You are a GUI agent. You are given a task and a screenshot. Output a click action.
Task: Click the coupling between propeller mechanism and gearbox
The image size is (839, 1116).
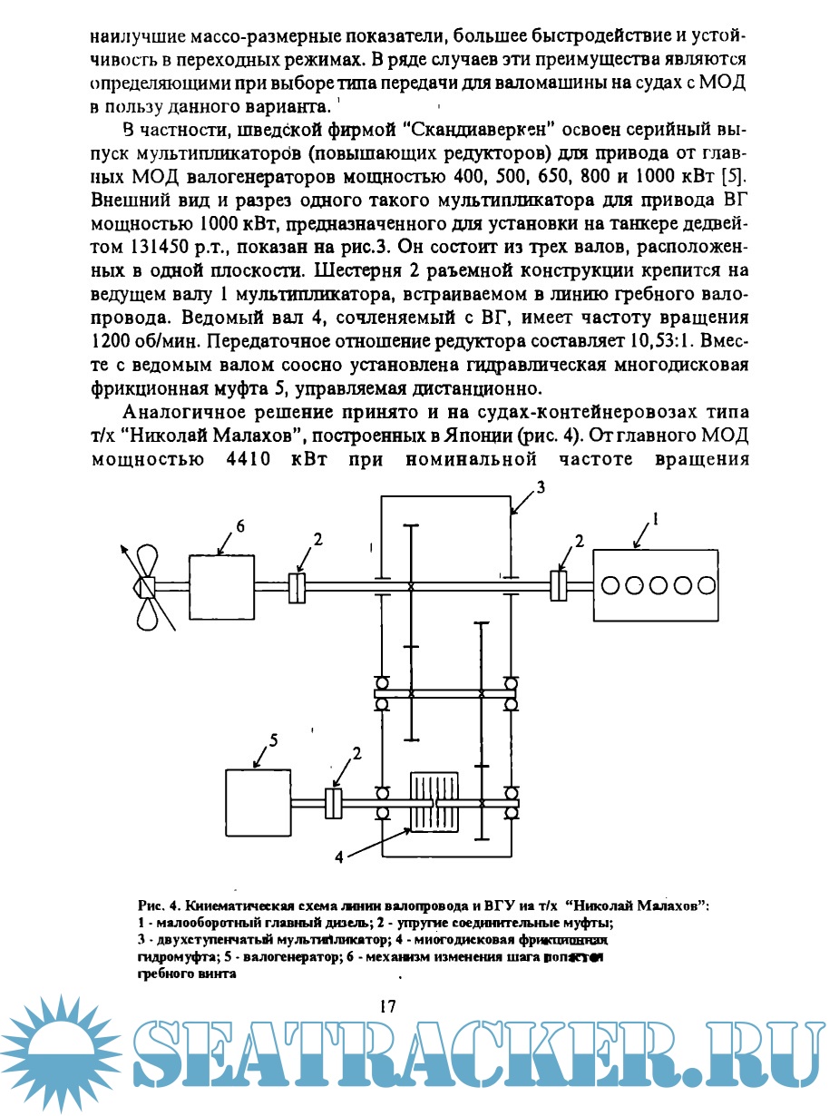(x=296, y=586)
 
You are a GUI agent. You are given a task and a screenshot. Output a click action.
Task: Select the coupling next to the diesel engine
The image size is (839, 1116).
(x=559, y=585)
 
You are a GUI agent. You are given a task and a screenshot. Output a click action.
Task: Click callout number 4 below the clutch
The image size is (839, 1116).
(x=339, y=856)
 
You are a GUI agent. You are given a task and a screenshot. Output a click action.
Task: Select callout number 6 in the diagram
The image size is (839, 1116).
(x=240, y=525)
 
